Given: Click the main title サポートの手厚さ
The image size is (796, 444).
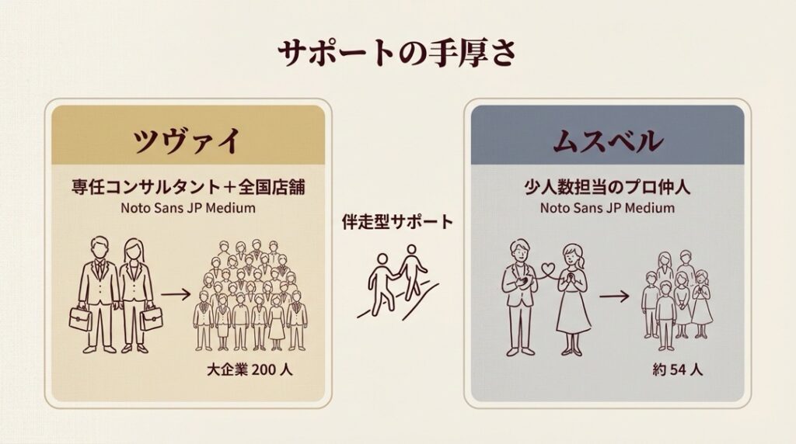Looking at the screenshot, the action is pos(397,53).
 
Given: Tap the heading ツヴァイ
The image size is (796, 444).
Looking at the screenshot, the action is pos(187,140).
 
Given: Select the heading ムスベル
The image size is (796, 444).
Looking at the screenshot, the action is pos(608,140).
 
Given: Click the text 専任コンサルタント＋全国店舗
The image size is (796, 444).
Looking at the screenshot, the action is pos(188,187).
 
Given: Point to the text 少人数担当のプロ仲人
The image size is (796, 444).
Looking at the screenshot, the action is pos(607,187).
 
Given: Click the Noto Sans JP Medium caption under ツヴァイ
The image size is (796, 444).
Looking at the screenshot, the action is pos(188,208).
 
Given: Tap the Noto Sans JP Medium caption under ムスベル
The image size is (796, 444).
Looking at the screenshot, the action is pos(607,208).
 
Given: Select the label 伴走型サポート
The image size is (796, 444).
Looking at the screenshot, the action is pos(397,221).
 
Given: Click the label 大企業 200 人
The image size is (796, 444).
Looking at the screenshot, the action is pos(250,369).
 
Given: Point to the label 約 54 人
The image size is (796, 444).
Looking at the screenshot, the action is pos(678,369).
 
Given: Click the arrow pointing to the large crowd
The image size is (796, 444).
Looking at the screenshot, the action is pos(176,293).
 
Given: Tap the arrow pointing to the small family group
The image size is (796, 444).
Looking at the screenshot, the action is pos(614,296).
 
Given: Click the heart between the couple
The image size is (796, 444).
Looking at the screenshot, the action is pos(546,268).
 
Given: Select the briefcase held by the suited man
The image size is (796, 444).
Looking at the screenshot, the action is pos(81,318).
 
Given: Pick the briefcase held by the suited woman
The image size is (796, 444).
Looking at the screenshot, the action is pos(152,318).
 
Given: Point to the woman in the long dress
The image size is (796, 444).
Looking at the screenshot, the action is pos(574,300).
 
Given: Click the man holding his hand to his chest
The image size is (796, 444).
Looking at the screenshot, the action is pos(519,297).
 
